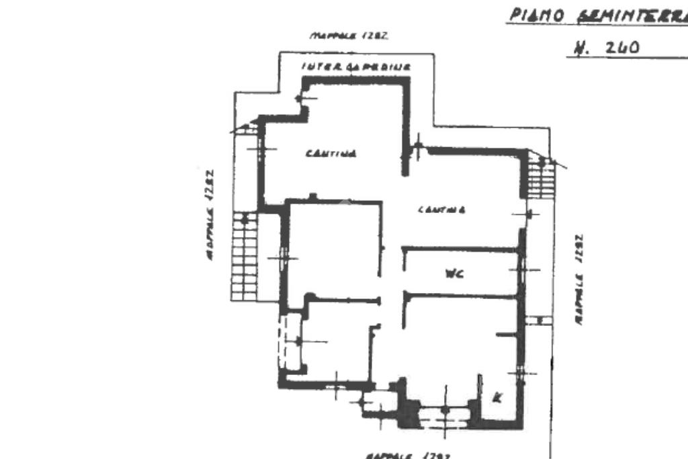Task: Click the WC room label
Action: (455, 273)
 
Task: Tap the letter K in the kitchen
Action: (497, 397)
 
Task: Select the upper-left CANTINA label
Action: (331, 153)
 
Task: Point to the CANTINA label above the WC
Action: (442, 210)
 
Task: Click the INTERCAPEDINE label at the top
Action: (356, 67)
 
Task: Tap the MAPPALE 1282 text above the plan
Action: (350, 35)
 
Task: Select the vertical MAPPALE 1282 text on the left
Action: (208, 214)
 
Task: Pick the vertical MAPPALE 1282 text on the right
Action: (578, 279)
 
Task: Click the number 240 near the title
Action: (622, 48)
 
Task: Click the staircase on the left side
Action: (245, 255)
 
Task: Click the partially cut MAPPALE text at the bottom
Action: (408, 455)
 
